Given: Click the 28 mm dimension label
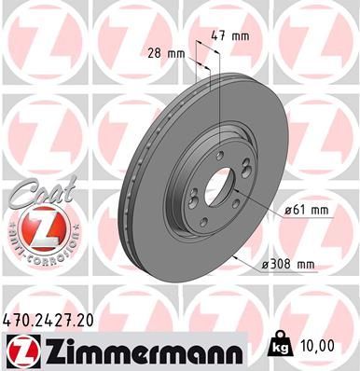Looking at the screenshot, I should coord(167,53).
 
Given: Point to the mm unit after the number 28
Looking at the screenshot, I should coord(175,53).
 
